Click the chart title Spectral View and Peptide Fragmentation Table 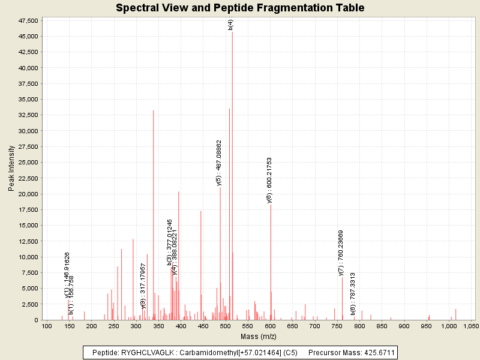coord(240,8)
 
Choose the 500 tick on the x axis coord(225,326)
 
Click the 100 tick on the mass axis coord(46,326)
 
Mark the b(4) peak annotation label coord(231,25)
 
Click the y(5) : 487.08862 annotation coord(219,163)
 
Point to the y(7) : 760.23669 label coord(341,253)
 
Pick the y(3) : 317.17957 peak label coord(143,285)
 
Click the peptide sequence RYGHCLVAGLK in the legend coord(142,352)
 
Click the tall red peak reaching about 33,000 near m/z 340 coord(154,216)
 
